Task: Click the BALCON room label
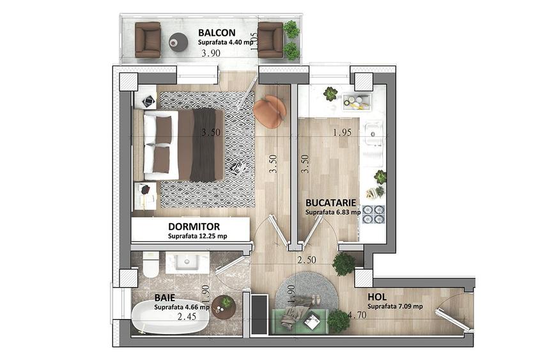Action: (217, 33)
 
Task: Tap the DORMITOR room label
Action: (194, 227)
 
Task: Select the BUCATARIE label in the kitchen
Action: (330, 203)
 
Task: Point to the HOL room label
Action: (377, 297)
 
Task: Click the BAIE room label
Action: (165, 297)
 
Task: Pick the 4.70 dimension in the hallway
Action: (357, 315)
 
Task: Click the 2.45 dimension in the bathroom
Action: (187, 316)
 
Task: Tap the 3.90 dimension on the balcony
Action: (211, 53)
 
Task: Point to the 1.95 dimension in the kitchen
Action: (342, 132)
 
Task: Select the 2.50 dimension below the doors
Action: (307, 260)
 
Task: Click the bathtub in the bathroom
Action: (170, 318)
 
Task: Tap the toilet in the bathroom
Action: (151, 265)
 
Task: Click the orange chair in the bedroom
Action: (270, 111)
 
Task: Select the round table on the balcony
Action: (178, 42)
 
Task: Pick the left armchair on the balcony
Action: (148, 40)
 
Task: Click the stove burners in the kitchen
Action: (374, 214)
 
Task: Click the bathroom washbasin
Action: (187, 263)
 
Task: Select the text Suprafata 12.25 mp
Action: (197, 237)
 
